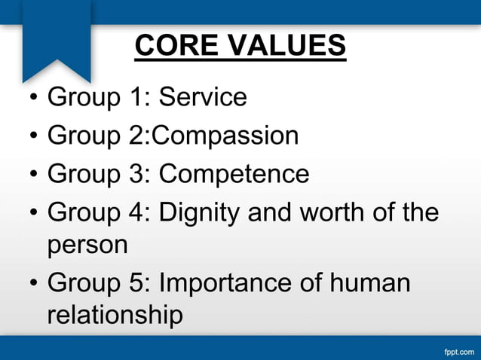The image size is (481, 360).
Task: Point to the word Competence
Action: [234, 174]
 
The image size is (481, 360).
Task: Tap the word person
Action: [87, 246]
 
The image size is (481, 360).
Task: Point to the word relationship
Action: [115, 315]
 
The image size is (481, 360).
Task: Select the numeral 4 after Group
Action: [136, 212]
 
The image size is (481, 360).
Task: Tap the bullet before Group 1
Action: [32, 98]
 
